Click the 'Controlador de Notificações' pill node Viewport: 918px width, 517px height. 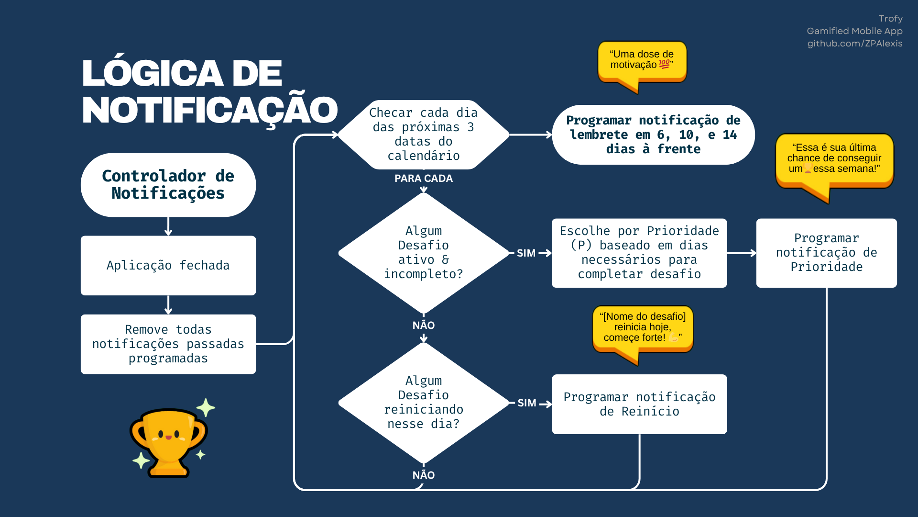click(168, 185)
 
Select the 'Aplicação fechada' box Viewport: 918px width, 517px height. click(168, 265)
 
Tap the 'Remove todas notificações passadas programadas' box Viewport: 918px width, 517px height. click(168, 344)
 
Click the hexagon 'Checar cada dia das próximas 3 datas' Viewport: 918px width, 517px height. click(424, 135)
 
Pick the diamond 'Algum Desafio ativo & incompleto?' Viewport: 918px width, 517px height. click(424, 253)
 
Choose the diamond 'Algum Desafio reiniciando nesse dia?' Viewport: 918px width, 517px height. click(424, 403)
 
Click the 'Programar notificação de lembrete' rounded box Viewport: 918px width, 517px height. click(653, 135)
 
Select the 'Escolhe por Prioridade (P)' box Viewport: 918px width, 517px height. click(639, 253)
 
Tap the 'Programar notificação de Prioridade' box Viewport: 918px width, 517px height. click(826, 253)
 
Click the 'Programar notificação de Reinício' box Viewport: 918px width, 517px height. click(639, 404)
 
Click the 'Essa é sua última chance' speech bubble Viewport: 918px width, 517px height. click(834, 160)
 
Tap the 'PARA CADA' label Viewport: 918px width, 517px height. click(424, 179)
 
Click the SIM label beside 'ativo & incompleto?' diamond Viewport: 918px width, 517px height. click(526, 253)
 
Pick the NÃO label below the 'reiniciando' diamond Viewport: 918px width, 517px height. click(424, 475)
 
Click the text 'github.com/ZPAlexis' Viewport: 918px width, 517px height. click(855, 44)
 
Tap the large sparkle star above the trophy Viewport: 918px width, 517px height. click(206, 408)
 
